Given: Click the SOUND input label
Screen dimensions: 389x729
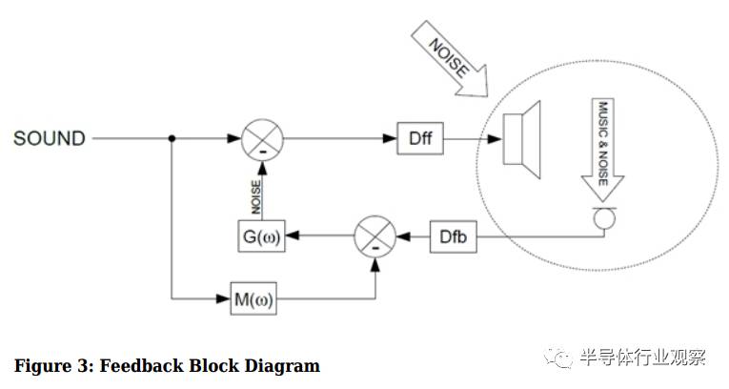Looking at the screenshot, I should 49,139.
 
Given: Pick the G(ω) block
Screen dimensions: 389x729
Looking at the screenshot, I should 261,235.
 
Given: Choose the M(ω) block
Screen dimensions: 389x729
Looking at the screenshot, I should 253,301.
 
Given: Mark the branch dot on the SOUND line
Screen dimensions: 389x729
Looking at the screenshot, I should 172,139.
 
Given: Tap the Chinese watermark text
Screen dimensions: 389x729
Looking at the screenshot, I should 642,358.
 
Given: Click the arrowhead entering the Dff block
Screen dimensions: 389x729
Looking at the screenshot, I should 391,139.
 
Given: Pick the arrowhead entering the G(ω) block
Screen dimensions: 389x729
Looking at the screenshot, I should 290,235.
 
